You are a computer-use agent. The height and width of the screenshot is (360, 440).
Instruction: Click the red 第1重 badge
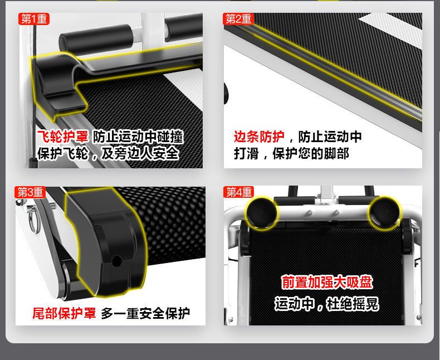point(34,19)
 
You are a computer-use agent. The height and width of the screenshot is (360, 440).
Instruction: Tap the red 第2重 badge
point(238,19)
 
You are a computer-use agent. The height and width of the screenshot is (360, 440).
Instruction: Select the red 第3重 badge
point(30,192)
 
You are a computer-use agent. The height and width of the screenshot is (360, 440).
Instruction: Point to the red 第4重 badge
point(239,192)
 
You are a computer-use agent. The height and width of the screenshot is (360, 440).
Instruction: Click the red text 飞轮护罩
point(62,137)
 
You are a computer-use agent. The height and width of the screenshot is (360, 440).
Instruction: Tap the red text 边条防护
point(259,137)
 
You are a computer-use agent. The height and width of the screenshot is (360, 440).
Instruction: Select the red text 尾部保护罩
point(64,313)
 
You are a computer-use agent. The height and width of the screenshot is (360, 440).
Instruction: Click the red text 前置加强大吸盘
point(326,282)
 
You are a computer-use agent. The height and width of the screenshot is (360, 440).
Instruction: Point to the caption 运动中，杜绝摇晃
point(326,304)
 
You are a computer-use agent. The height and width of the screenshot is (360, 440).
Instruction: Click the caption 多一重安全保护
point(145,313)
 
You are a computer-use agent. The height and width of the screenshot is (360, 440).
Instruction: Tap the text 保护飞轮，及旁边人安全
point(108,153)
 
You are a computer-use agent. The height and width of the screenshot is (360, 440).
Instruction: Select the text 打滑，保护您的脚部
point(291,154)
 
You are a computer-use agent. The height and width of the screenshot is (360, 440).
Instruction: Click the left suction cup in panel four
point(262,212)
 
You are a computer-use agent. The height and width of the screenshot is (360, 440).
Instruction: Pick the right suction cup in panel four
point(384,212)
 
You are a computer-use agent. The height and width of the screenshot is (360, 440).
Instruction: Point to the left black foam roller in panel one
point(95,39)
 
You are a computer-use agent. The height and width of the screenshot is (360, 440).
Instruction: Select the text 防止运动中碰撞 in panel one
point(138,137)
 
